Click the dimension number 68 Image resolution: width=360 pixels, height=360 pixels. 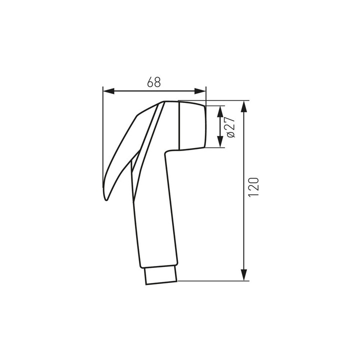pyautogui.click(x=154, y=82)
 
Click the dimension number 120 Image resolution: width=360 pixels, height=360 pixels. pyautogui.click(x=253, y=186)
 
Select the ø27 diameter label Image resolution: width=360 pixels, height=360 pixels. pyautogui.click(x=230, y=127)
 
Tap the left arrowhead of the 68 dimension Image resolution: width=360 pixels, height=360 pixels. pyautogui.click(x=109, y=91)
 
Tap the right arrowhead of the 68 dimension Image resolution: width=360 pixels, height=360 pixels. pyautogui.click(x=200, y=91)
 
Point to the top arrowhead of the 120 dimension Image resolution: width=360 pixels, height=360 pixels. pyautogui.click(x=244, y=106)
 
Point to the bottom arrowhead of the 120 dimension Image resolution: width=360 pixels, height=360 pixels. pyautogui.click(x=244, y=274)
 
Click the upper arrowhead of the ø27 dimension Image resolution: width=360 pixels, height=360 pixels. pyautogui.click(x=220, y=111)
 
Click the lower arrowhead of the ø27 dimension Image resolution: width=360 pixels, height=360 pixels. pyautogui.click(x=220, y=141)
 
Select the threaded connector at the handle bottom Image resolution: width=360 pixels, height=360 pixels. pyautogui.click(x=161, y=275)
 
